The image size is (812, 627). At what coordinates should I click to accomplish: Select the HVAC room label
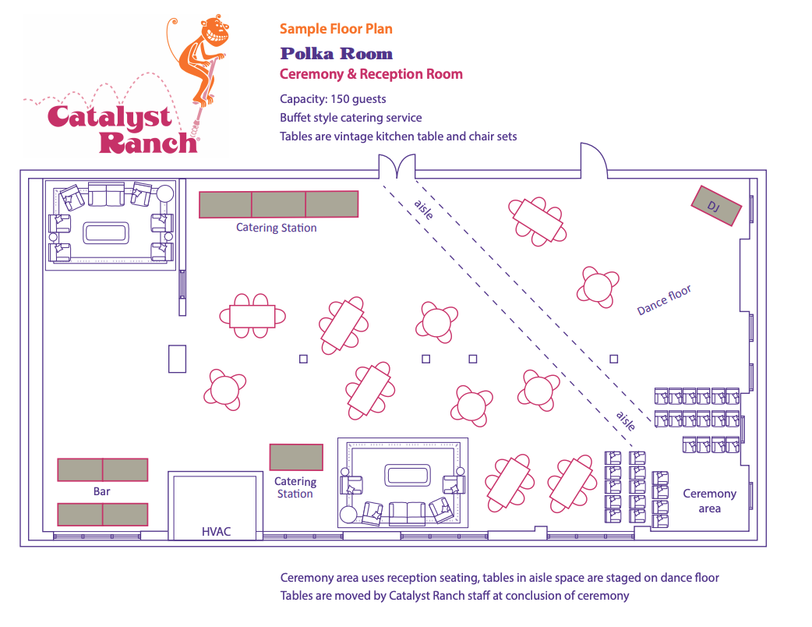click(216, 532)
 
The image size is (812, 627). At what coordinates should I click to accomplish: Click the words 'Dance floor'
click(664, 301)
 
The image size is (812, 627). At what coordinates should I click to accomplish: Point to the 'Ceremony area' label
click(709, 501)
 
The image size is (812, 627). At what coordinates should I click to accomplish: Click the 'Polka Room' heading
click(336, 54)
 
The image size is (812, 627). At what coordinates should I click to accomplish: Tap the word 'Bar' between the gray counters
click(102, 491)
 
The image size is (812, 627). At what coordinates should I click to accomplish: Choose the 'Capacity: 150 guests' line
click(333, 99)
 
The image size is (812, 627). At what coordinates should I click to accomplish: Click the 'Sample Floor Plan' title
click(336, 29)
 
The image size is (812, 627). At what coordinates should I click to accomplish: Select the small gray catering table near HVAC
click(296, 457)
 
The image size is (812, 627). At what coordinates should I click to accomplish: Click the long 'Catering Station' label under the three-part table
click(277, 228)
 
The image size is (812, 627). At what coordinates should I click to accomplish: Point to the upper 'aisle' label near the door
click(424, 209)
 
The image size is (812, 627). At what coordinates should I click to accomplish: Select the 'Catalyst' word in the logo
click(109, 118)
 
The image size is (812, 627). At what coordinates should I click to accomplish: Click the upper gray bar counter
click(102, 469)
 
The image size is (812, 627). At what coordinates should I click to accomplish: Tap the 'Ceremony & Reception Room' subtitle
click(371, 75)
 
